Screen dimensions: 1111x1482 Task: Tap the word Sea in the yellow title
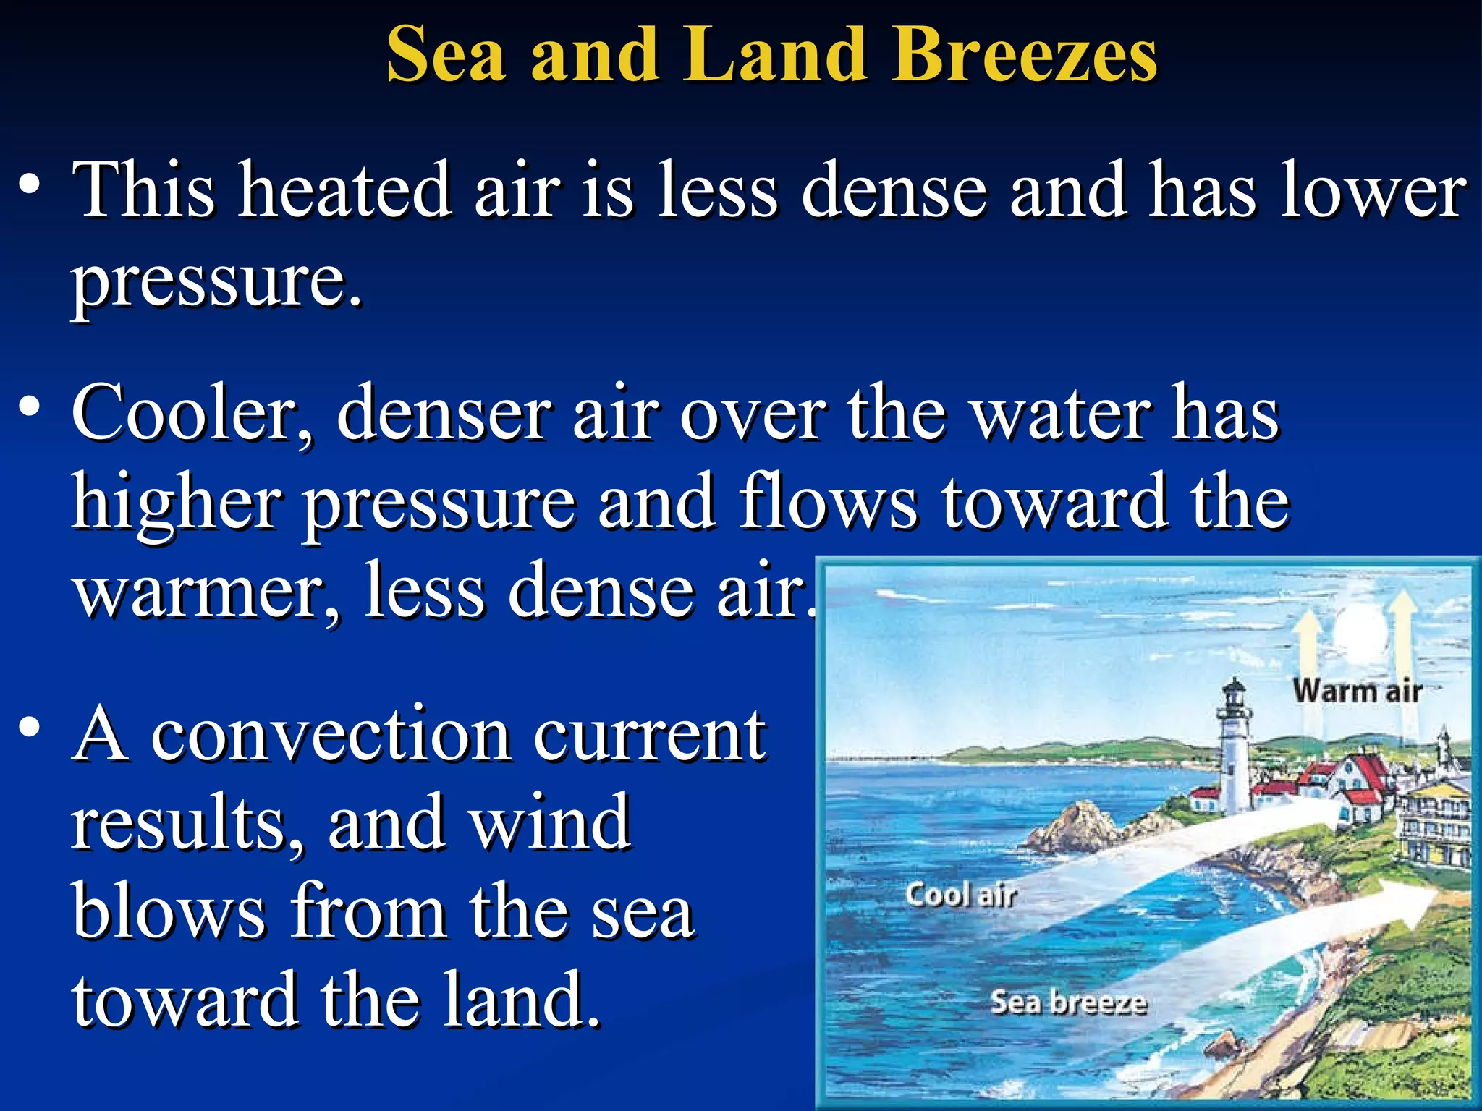pyautogui.click(x=446, y=55)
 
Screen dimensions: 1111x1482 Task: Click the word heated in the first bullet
pyautogui.click(x=346, y=190)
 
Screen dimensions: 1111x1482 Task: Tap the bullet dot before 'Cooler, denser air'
pyautogui.click(x=30, y=407)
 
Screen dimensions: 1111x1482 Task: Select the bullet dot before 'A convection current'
pyautogui.click(x=30, y=727)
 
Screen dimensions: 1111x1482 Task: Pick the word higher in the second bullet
pyautogui.click(x=177, y=503)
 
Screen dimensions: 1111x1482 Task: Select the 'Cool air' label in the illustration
pyautogui.click(x=960, y=895)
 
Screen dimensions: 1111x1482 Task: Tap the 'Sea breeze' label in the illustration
pyautogui.click(x=1069, y=1002)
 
